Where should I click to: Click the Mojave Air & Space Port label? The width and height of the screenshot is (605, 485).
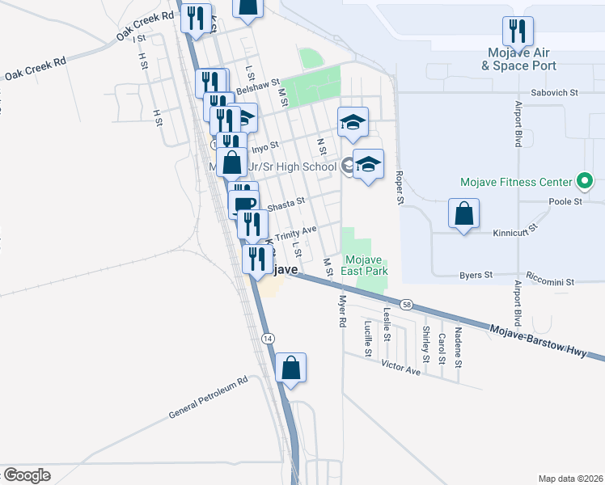pos(518,59)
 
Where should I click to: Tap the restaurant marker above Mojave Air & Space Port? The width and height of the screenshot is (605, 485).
pos(518,32)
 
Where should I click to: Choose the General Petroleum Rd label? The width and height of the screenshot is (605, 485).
pos(207,399)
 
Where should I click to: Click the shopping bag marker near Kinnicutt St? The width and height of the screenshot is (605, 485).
pos(463,215)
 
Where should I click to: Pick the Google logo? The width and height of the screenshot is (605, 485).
pos(27,474)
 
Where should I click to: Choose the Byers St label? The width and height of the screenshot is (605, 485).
pos(476,275)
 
